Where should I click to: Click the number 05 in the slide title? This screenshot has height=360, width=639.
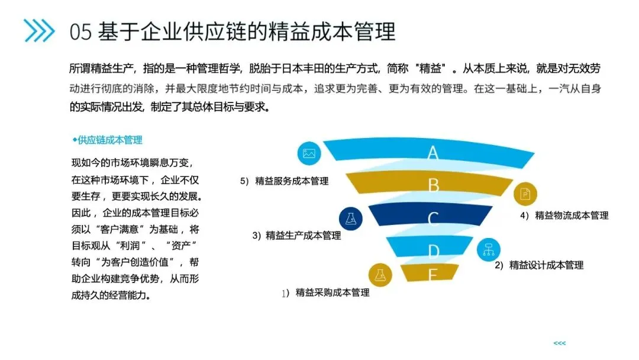tap(81, 31)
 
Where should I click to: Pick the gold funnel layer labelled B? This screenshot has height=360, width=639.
tap(433, 185)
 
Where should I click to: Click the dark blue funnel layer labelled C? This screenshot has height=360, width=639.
tap(433, 218)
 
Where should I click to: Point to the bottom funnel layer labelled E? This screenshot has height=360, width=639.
tap(431, 273)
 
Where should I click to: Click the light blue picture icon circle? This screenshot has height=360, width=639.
tap(309, 154)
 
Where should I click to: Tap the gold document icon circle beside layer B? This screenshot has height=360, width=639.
tap(525, 194)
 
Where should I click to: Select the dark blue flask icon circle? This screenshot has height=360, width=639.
tap(351, 218)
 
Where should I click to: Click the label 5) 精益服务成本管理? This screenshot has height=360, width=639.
tap(285, 181)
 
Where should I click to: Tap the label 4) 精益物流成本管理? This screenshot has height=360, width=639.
tap(564, 216)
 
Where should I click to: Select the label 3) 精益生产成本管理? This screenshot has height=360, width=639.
tap(297, 236)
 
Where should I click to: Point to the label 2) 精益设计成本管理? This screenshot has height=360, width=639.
tap(539, 265)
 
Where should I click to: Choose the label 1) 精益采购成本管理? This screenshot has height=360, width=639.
tap(326, 292)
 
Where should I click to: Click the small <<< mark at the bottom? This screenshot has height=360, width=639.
tap(559, 343)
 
